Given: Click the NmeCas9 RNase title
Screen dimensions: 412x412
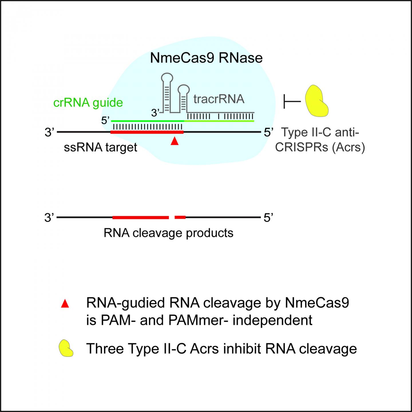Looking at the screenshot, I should click(x=206, y=58).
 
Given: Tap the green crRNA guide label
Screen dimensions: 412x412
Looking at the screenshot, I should click(x=88, y=102).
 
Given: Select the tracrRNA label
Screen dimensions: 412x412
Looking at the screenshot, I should click(x=219, y=99).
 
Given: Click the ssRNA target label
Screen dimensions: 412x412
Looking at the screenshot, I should click(x=100, y=147).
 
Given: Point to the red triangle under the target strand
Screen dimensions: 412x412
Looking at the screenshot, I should click(x=175, y=141).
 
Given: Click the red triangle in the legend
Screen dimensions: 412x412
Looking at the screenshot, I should click(x=65, y=304).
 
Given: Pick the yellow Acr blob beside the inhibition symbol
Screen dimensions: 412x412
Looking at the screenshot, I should click(x=316, y=101).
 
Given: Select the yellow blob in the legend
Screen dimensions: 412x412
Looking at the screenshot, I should click(x=66, y=348).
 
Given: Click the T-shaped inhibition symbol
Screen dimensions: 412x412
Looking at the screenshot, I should click(x=292, y=101).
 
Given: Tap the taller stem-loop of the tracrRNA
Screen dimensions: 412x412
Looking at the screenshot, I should click(x=167, y=92).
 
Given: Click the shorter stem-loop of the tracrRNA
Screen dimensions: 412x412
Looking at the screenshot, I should click(x=183, y=97).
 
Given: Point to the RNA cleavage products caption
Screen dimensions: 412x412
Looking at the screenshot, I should click(x=168, y=233).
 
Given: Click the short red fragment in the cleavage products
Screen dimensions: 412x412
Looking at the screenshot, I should click(x=180, y=217).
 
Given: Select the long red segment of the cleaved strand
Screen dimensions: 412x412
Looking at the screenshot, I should click(x=140, y=217).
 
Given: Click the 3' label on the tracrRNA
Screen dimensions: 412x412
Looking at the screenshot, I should click(x=155, y=113).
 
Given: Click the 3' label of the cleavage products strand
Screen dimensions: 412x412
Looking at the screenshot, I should click(x=49, y=218).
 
